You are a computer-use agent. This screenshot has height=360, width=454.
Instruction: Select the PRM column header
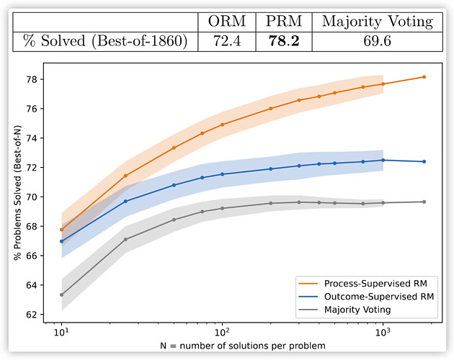(280, 22)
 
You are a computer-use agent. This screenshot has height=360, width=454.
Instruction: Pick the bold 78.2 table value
(280, 42)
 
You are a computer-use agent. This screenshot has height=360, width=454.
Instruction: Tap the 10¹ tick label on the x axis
(61, 334)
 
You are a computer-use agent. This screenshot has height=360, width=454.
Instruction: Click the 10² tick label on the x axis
(222, 334)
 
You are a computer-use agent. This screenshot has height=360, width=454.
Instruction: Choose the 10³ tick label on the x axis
(383, 334)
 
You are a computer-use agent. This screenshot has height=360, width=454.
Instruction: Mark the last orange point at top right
(424, 77)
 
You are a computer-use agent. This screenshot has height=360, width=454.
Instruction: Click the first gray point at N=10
(61, 294)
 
